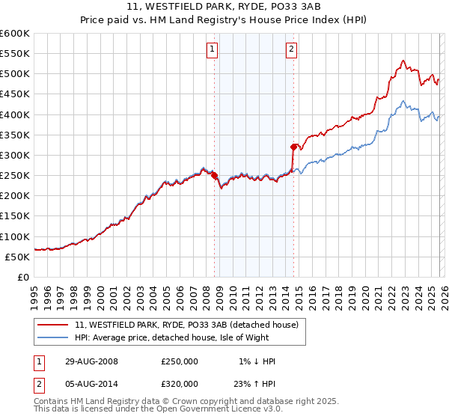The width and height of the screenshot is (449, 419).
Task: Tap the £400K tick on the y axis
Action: (x=15, y=114)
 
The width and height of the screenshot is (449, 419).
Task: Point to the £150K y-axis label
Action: (x=15, y=216)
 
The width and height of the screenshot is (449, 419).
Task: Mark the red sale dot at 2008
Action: (x=215, y=176)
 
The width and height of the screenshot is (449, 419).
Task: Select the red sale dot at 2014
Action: (x=293, y=147)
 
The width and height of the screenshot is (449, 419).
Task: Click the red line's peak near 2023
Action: (x=403, y=61)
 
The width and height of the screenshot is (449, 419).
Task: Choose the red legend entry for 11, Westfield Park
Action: (x=187, y=325)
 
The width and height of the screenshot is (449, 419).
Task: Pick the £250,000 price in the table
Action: (x=180, y=361)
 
